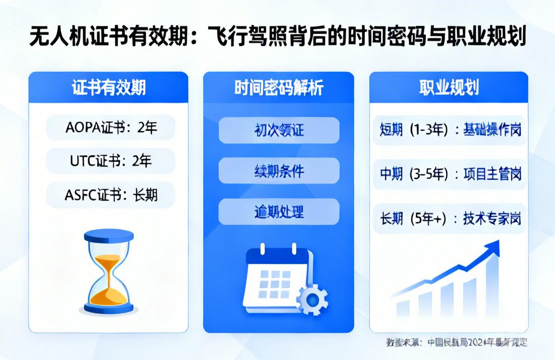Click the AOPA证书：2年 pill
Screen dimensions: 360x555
(110, 128)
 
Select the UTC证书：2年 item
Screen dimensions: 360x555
(110, 161)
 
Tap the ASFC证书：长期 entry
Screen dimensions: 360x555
(110, 195)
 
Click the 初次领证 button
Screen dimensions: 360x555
(279, 130)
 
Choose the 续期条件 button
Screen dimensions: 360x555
(279, 171)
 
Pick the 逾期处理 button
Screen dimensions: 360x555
(279, 211)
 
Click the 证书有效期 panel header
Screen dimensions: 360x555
(108, 88)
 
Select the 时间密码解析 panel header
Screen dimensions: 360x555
(279, 88)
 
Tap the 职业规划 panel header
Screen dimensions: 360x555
(449, 88)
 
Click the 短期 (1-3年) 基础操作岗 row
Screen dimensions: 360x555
(450, 130)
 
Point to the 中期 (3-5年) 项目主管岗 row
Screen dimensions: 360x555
(450, 174)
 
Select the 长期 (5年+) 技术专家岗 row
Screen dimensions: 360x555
(450, 219)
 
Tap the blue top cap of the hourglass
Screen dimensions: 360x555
(108, 235)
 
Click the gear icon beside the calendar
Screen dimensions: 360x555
(312, 299)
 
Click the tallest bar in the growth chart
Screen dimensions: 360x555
(492, 287)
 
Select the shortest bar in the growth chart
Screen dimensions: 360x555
(403, 308)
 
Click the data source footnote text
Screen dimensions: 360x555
(456, 342)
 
